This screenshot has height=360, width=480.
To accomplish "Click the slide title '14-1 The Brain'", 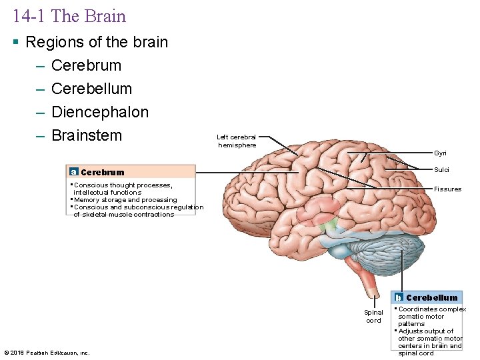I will point(69,15).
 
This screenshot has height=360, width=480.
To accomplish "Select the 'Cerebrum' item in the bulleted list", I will point(86,65).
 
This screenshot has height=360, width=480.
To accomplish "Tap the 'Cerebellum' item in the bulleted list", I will point(91,89).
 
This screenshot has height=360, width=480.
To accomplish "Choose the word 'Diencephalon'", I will point(99,112).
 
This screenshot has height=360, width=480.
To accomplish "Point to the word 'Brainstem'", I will point(86,135).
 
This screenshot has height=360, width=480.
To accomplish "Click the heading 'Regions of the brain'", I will point(97,42).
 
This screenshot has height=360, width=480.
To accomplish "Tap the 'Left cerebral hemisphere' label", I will point(236,141).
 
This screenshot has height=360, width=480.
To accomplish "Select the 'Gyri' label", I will point(441,153).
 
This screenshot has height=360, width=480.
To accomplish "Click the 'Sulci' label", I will point(441,170).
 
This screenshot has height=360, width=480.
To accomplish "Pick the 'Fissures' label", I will point(447,189).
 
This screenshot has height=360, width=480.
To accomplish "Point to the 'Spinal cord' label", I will point(373,316).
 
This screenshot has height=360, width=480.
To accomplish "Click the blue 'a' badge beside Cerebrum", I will point(73,172).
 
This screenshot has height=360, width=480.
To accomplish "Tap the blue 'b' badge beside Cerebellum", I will point(398,297).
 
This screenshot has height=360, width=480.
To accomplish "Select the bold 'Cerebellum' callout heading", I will point(431,297).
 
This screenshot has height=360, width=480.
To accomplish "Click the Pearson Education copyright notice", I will point(47,353).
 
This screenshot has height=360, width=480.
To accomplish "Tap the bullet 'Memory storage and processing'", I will point(125,199).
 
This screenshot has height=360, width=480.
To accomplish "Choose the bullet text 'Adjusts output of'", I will point(425,331).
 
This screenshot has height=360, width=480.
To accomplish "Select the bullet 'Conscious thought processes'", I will point(123,185).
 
